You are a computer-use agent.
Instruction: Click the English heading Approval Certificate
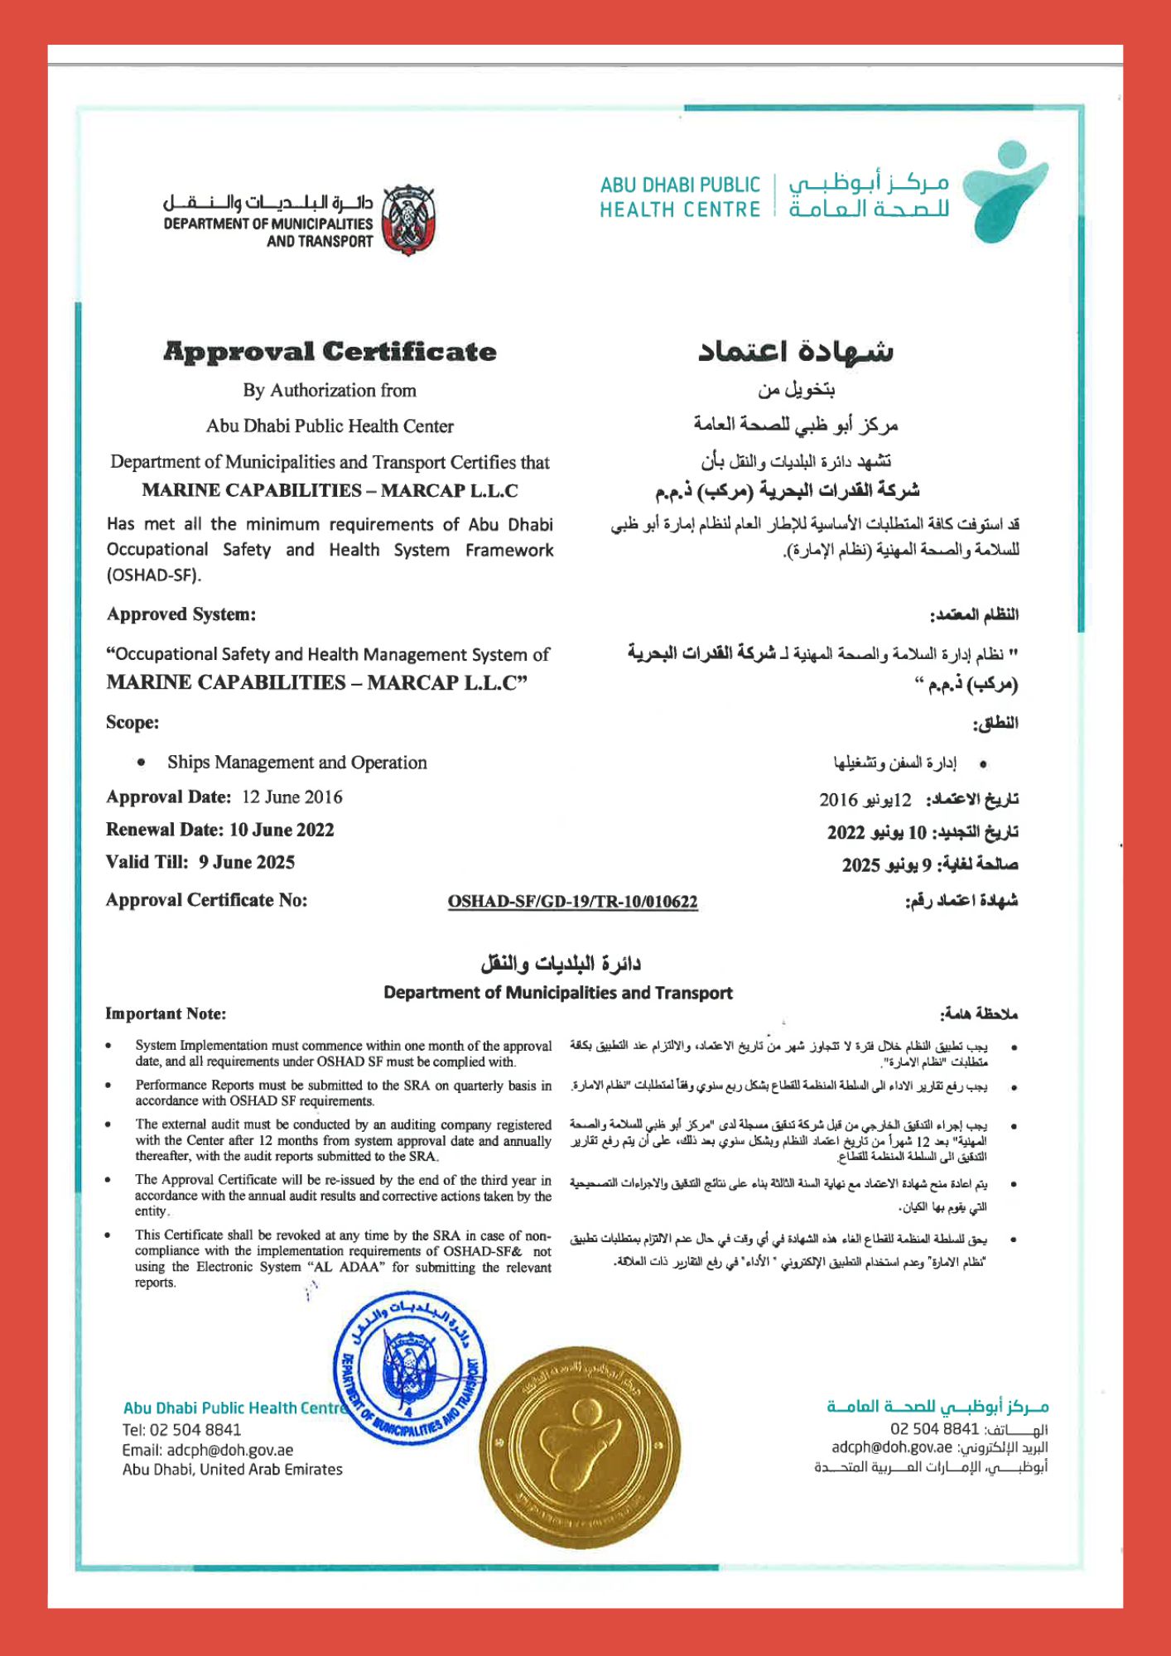[x=330, y=352]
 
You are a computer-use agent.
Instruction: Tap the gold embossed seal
[x=581, y=1449]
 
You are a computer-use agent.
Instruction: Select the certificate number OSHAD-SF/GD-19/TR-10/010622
[x=572, y=902]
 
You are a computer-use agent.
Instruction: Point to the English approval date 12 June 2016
[x=292, y=797]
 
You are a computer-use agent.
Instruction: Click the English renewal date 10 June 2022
[x=282, y=830]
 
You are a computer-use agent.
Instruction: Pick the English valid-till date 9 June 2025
[x=246, y=862]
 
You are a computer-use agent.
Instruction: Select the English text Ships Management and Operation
[x=296, y=763]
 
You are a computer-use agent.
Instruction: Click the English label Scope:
[x=133, y=723]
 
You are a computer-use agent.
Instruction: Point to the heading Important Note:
[x=166, y=1014]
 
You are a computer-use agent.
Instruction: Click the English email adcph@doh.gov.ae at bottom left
[x=229, y=1450]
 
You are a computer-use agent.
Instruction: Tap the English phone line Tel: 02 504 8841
[x=181, y=1430]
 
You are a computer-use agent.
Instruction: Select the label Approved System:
[x=181, y=614]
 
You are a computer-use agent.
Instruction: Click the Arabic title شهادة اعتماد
[x=795, y=351]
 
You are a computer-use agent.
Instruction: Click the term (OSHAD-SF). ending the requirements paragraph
[x=154, y=575]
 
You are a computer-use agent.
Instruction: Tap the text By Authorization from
[x=330, y=390]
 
